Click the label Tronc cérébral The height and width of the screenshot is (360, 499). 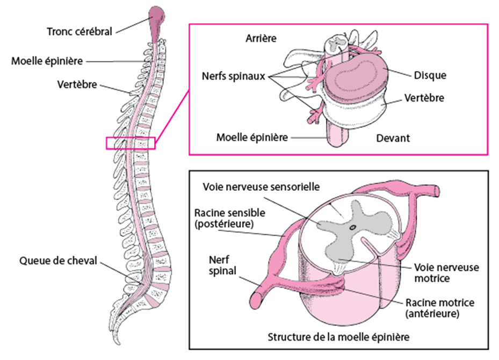(79, 31)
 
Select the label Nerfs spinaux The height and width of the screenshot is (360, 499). (234, 76)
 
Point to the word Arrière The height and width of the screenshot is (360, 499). (261, 38)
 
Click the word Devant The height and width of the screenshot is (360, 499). (393, 138)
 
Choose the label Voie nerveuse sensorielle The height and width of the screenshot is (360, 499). (261, 186)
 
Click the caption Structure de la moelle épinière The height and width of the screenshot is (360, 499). (338, 337)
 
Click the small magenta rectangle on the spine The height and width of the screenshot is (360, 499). (131, 143)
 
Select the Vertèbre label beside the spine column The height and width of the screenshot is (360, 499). (76, 84)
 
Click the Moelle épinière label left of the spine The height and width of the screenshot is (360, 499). (47, 61)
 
